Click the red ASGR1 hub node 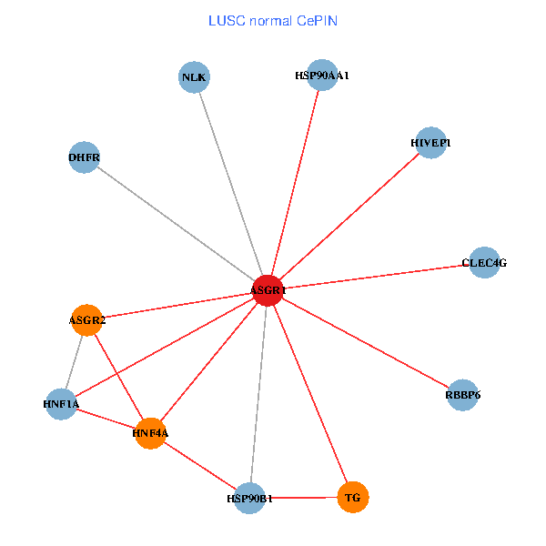(268, 289)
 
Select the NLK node (194, 77)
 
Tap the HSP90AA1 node (322, 76)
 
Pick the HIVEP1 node (430, 142)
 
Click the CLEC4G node (483, 262)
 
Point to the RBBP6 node (462, 395)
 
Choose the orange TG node (353, 498)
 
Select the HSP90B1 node (249, 498)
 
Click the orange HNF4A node (150, 433)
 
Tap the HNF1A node (61, 403)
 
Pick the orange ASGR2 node (86, 320)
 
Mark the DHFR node (84, 157)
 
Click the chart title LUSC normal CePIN (273, 20)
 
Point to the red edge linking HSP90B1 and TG (301, 498)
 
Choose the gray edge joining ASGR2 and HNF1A (74, 361)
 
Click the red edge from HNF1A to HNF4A (106, 419)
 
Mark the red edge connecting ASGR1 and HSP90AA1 (295, 182)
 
